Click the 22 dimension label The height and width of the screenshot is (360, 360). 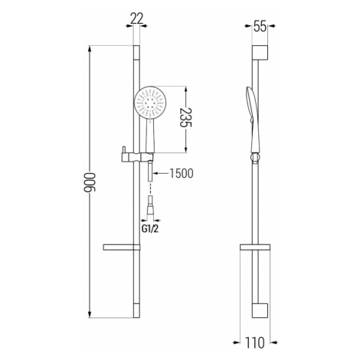pyautogui.click(x=136, y=18)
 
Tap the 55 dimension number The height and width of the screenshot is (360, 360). pyautogui.click(x=260, y=27)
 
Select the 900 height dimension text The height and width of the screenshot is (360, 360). pyautogui.click(x=90, y=182)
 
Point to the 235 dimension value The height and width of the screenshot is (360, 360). pyautogui.click(x=185, y=117)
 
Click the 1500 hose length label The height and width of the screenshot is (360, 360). pyautogui.click(x=182, y=173)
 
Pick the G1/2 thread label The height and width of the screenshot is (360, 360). pyautogui.click(x=150, y=229)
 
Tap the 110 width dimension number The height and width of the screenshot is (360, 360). pyautogui.click(x=255, y=342)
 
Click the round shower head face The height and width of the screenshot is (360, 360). pyautogui.click(x=150, y=103)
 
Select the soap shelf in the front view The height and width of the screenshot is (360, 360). pyautogui.click(x=122, y=247)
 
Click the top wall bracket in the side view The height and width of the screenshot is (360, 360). pyautogui.click(x=260, y=53)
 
